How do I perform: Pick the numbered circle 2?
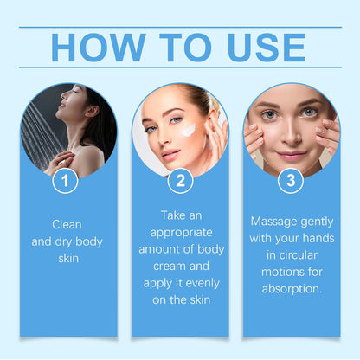[x=180, y=181]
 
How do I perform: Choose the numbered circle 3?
[x=291, y=181]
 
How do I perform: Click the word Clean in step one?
[x=68, y=223]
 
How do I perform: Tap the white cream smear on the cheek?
[x=189, y=132]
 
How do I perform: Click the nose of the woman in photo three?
[x=292, y=137]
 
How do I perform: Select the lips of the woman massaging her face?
[x=292, y=156]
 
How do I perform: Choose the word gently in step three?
[x=313, y=221]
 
